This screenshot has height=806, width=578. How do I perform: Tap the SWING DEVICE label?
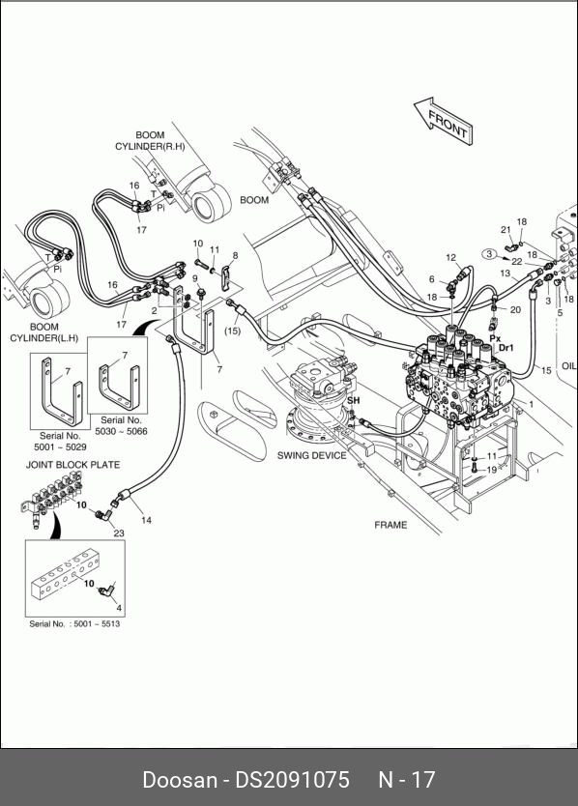(311, 455)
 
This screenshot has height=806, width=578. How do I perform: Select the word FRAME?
(390, 525)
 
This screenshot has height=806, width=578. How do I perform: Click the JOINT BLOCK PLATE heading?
(73, 465)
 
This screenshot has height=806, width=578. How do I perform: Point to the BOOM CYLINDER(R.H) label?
(150, 141)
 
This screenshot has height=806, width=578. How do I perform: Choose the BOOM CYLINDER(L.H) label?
(44, 332)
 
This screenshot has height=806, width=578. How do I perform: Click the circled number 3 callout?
(489, 253)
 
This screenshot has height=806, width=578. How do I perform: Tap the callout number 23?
(119, 533)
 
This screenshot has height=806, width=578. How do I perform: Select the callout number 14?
(147, 520)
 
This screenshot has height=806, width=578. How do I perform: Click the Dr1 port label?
(506, 348)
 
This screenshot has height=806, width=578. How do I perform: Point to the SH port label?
(354, 400)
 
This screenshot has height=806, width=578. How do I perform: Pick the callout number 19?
(492, 470)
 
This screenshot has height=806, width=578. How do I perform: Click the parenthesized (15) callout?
(232, 331)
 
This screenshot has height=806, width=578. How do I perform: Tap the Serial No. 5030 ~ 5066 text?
(121, 425)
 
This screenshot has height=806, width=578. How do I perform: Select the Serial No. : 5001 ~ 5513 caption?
(74, 624)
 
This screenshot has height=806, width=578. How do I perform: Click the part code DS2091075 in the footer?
(292, 780)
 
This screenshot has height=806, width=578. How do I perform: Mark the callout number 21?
(506, 230)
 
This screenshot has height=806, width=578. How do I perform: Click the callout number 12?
(451, 257)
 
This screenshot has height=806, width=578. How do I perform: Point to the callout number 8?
(236, 255)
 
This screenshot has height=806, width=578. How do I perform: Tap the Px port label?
(495, 338)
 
